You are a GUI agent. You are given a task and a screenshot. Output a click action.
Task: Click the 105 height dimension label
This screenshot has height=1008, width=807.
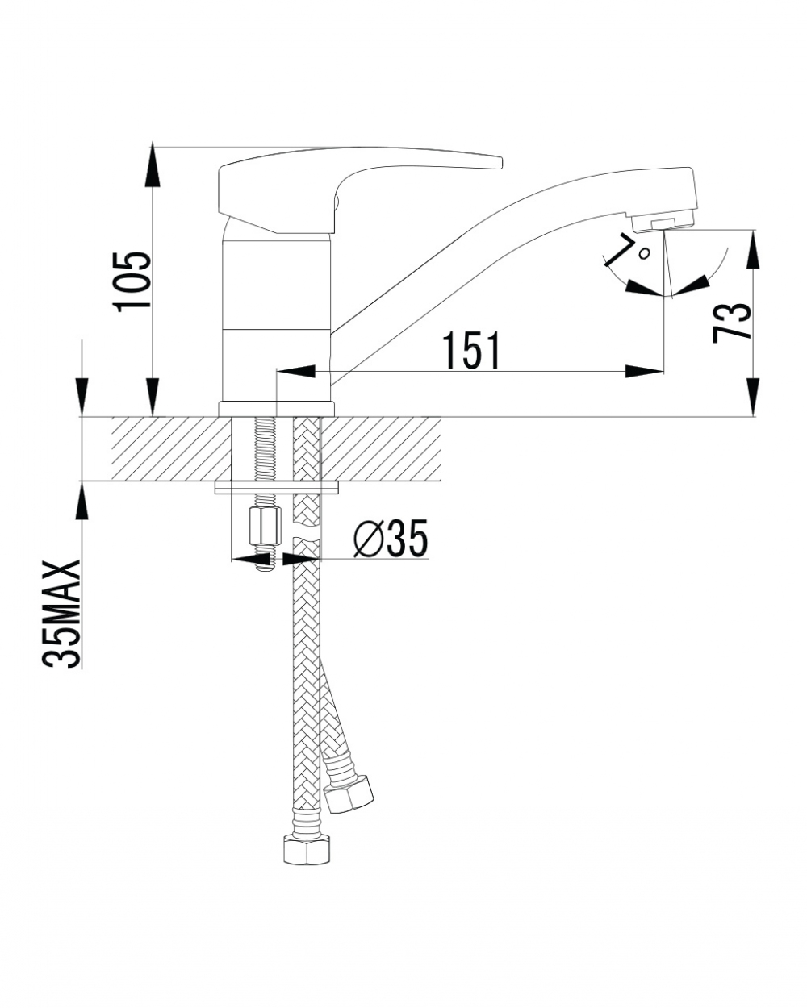(x=132, y=281)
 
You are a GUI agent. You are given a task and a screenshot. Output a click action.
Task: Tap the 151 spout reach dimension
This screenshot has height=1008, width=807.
(x=472, y=350)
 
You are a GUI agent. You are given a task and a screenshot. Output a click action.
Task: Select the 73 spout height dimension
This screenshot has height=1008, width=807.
(x=731, y=323)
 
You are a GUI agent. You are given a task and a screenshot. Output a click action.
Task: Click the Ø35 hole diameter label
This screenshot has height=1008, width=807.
(x=391, y=538)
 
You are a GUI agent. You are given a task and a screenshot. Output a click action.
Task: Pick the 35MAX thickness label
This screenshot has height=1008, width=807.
(x=61, y=614)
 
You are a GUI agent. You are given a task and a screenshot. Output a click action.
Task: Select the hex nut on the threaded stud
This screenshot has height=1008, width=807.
(x=265, y=527)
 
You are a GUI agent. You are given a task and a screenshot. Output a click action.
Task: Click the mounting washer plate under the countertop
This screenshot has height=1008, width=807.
(x=277, y=487)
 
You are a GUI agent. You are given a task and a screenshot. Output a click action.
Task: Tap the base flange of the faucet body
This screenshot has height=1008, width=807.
(x=277, y=410)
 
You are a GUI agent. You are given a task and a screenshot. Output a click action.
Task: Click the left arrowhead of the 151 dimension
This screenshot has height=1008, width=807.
(x=295, y=372)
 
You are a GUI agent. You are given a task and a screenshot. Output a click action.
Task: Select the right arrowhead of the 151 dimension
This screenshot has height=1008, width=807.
(x=646, y=372)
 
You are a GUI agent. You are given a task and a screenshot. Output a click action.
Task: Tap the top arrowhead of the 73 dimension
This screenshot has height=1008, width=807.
(x=754, y=249)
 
